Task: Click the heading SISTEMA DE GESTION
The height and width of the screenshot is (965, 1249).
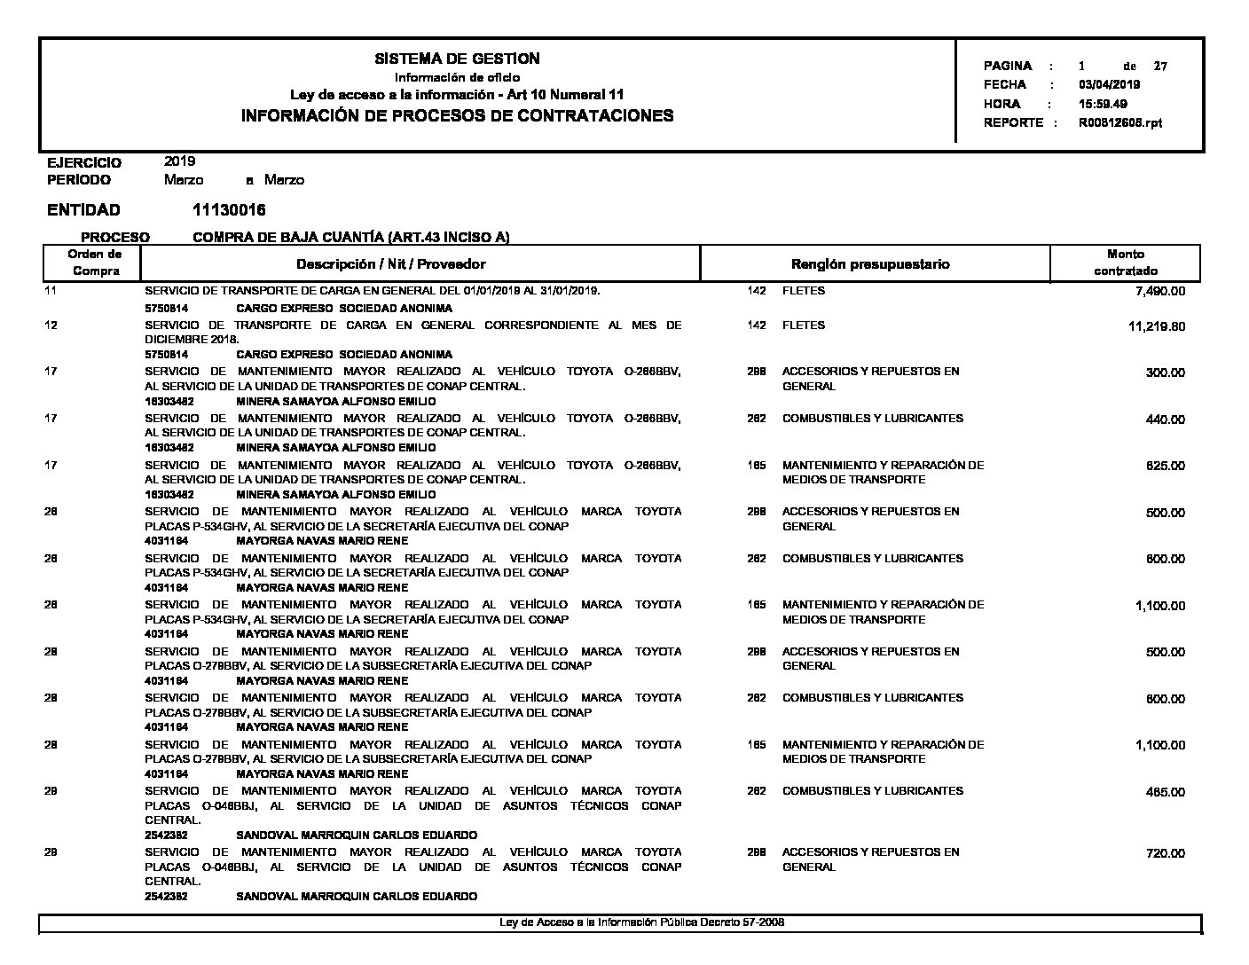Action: (x=457, y=59)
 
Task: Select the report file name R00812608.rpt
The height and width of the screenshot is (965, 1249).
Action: (x=1119, y=123)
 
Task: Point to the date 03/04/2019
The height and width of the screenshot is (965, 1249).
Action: (x=1109, y=85)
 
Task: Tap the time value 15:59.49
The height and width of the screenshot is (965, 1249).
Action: (x=1103, y=104)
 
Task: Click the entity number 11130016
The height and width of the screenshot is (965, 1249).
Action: (x=229, y=210)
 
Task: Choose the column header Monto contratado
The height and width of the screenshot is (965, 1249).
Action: (x=1125, y=263)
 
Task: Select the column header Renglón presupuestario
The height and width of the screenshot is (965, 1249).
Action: (x=869, y=264)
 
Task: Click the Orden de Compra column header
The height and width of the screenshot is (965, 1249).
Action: (x=96, y=263)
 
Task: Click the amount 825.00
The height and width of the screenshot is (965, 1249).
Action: (x=1165, y=467)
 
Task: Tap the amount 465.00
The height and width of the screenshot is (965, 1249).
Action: (x=1165, y=792)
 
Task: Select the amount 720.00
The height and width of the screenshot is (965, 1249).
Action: (x=1165, y=853)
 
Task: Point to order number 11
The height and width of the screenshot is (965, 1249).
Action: (x=50, y=291)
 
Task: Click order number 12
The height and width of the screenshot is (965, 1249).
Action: (x=51, y=326)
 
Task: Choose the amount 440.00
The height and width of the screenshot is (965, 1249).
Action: (x=1165, y=420)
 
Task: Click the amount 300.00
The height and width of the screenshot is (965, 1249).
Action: (x=1165, y=373)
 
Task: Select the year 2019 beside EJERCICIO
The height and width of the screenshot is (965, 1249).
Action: (x=180, y=161)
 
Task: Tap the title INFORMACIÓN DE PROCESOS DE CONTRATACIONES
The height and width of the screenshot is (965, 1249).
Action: (x=457, y=116)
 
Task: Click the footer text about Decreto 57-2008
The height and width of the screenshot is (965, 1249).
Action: (x=641, y=922)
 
